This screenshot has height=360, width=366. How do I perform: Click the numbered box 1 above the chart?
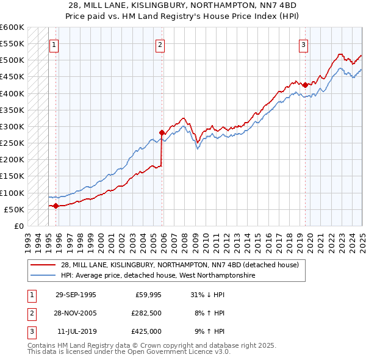point(54,44)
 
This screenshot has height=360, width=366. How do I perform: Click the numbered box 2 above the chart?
point(160,44)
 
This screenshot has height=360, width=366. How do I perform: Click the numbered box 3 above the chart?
point(303,44)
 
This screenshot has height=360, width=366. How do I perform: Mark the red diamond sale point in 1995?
point(56,206)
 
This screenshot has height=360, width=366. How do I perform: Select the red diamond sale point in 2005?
point(162,132)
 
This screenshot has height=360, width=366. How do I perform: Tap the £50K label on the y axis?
point(15,209)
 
